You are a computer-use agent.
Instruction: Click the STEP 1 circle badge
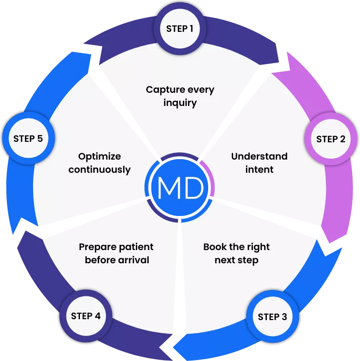click(x=180, y=29)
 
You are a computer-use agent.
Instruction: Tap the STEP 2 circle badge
click(x=330, y=139)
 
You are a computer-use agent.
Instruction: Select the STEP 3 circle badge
click(x=272, y=317)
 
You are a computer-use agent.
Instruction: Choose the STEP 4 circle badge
click(x=85, y=316)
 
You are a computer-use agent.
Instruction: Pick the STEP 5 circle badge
click(x=28, y=138)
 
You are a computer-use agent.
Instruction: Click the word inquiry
click(x=180, y=103)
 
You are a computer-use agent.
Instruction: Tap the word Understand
click(x=259, y=156)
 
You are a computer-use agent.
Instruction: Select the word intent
click(x=260, y=170)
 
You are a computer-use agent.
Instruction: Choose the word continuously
click(x=99, y=170)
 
